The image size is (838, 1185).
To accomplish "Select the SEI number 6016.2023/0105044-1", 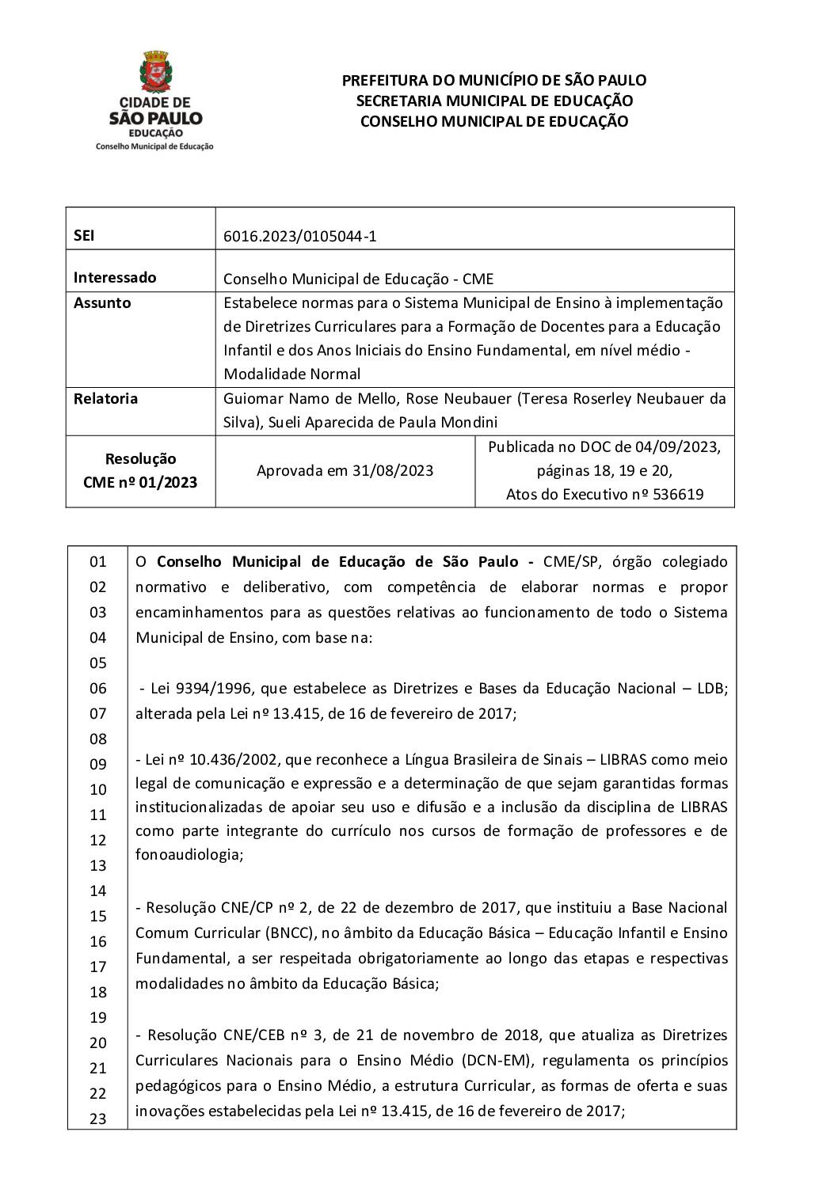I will click(x=300, y=236).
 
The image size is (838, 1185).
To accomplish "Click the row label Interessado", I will click(x=115, y=277).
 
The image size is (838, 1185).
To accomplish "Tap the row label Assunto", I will click(x=102, y=302).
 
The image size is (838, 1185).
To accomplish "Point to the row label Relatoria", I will click(x=105, y=398).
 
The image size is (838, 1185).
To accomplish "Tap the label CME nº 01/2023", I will click(x=140, y=482).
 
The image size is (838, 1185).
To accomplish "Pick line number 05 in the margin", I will click(x=97, y=663).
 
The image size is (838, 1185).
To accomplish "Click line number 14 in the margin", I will click(x=97, y=891).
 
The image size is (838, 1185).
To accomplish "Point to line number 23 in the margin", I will click(x=97, y=1119).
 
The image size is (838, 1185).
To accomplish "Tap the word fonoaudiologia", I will click(x=188, y=855).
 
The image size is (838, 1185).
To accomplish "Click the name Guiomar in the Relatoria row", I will click(x=252, y=398).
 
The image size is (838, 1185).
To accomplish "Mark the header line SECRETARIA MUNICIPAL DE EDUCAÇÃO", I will click(x=494, y=101).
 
